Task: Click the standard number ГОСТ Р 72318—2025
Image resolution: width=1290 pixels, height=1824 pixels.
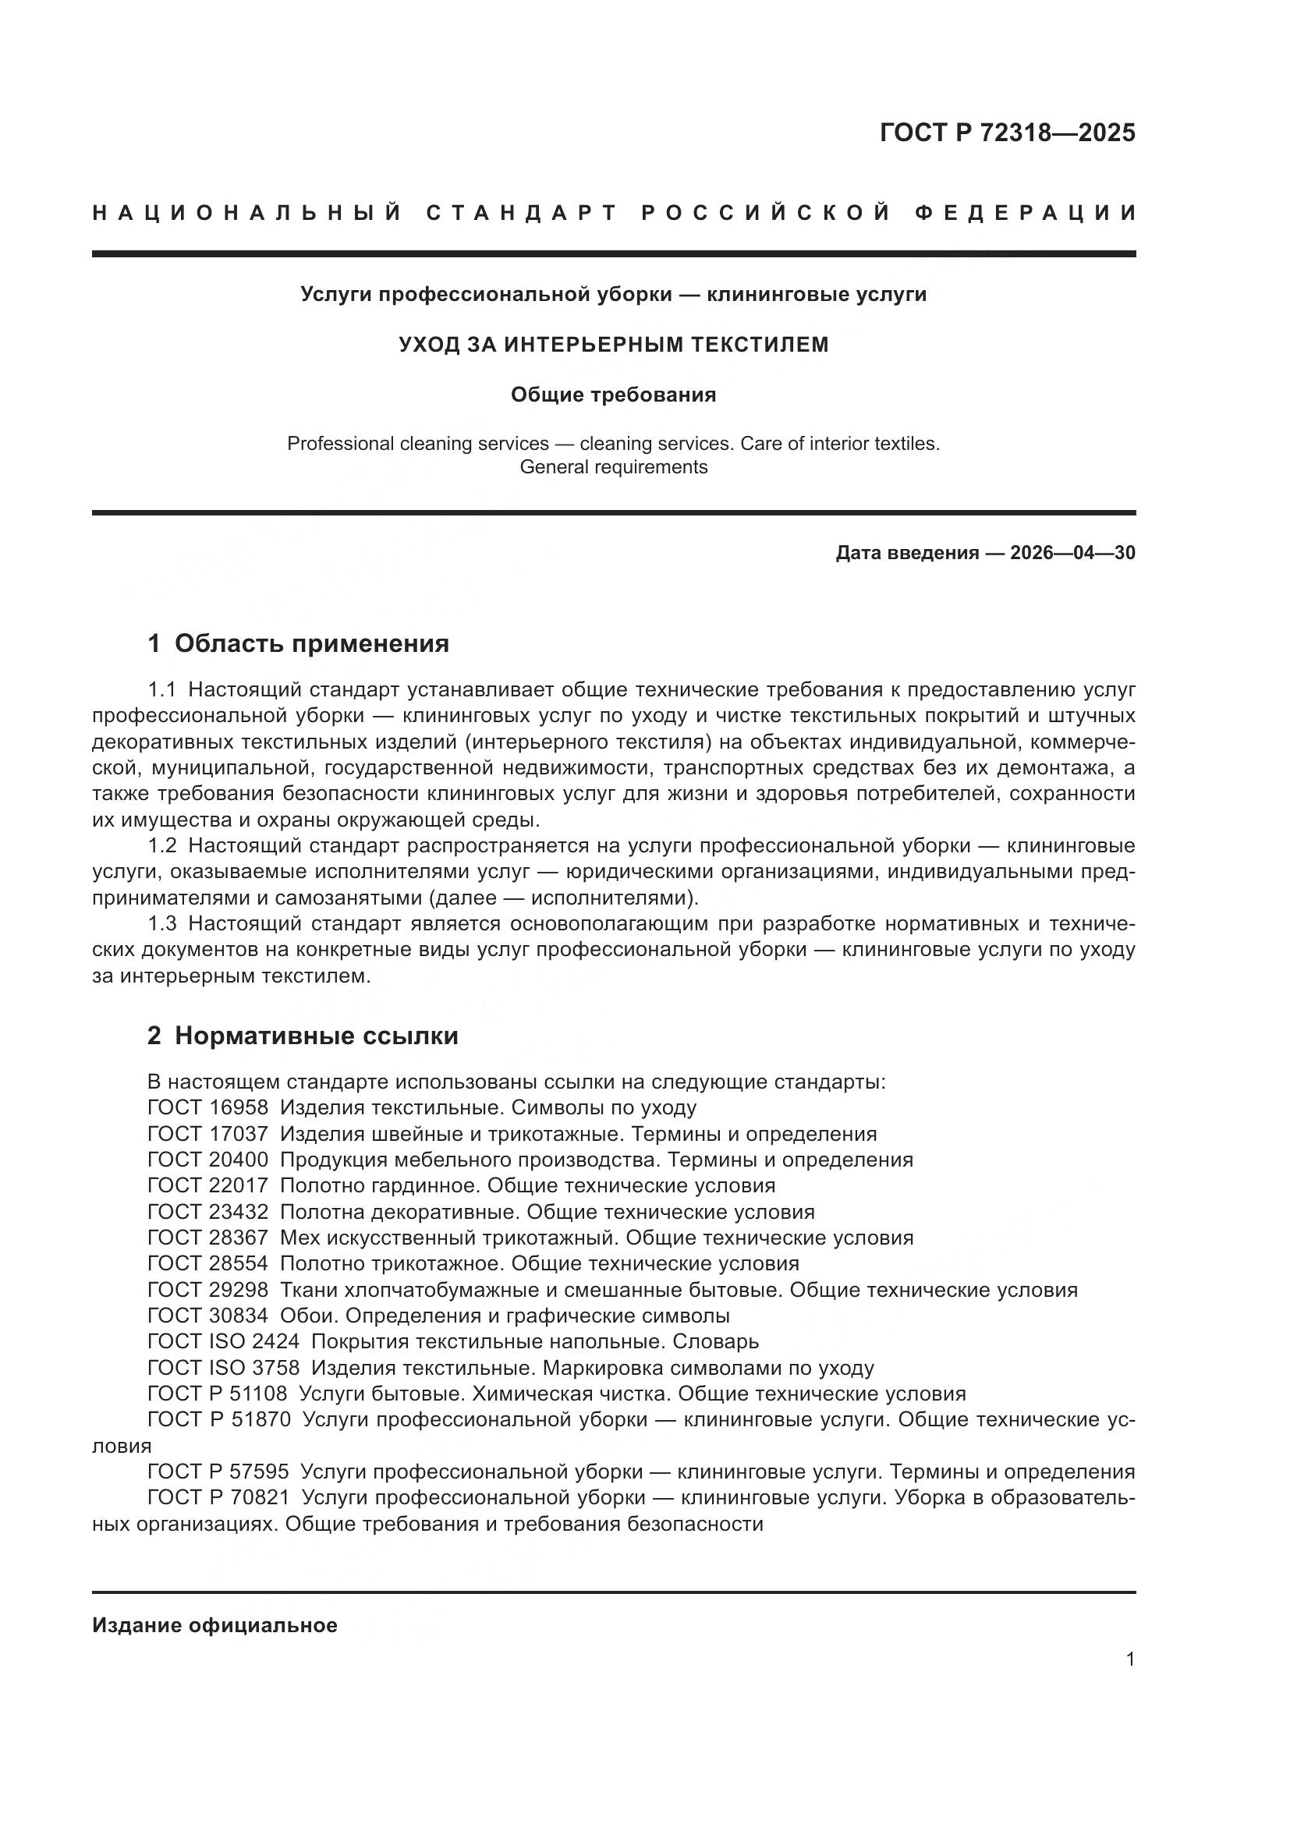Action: [x=1007, y=133]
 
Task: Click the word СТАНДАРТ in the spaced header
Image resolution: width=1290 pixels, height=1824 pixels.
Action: [x=522, y=213]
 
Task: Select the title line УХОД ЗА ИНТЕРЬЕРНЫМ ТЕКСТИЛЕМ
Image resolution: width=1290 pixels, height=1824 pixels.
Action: [x=613, y=344]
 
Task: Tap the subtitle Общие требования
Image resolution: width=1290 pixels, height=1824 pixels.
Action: [x=613, y=395]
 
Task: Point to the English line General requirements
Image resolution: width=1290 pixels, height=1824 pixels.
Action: [x=613, y=467]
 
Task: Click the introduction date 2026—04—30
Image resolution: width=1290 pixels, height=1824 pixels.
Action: [x=1072, y=553]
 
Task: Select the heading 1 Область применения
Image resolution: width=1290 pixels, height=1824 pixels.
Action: [x=299, y=643]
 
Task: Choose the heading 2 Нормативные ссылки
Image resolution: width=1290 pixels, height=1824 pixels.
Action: [x=303, y=1036]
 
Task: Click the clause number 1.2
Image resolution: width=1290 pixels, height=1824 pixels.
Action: [x=162, y=845]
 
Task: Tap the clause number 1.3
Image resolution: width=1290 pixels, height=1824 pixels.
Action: [x=162, y=924]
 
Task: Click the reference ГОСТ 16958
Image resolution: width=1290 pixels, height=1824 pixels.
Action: [x=207, y=1107]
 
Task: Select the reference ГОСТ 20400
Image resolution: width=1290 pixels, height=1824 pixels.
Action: [x=207, y=1160]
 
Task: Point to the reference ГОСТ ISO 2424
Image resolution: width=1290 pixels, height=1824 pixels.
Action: [x=223, y=1342]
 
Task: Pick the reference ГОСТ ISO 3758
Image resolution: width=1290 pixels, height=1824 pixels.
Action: [x=223, y=1368]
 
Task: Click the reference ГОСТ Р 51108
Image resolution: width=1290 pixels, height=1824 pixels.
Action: [x=217, y=1394]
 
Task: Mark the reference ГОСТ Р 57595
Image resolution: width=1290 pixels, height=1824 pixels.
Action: [x=218, y=1472]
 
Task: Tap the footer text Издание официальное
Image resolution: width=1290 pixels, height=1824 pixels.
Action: [x=214, y=1625]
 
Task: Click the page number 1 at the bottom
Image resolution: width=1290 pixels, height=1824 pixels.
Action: [x=1130, y=1659]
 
